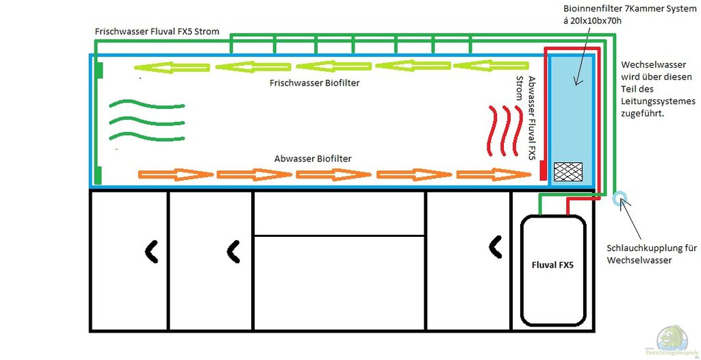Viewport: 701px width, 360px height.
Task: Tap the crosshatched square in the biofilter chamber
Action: [568, 172]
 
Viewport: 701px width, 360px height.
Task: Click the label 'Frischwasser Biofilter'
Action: [315, 83]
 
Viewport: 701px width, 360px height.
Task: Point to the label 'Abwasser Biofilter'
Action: [313, 159]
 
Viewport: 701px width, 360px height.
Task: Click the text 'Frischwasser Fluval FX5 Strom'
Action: [157, 31]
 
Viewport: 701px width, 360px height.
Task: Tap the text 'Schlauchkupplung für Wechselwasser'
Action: [652, 254]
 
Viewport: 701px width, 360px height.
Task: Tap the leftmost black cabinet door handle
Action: [151, 252]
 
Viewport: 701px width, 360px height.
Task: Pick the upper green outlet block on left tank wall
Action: [99, 70]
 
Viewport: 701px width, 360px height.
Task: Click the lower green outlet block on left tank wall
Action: [99, 175]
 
